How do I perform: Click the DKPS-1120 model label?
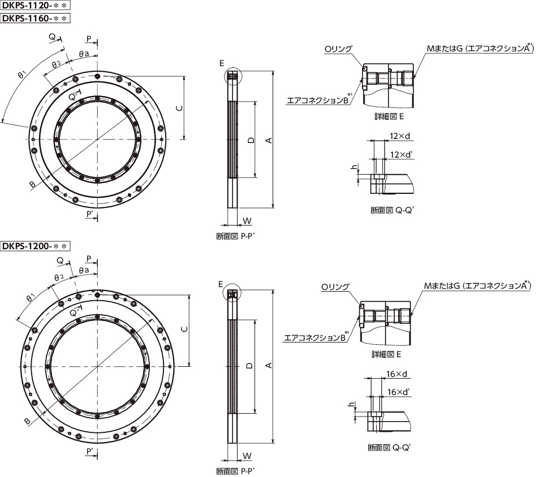[x=35, y=5]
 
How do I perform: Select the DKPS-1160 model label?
[x=35, y=18]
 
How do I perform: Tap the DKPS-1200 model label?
[x=35, y=246]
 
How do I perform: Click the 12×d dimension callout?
[x=400, y=136]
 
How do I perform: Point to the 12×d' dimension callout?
[x=401, y=154]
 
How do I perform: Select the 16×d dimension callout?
[x=396, y=374]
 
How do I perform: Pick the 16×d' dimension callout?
[x=398, y=392]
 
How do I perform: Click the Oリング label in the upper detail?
[x=338, y=49]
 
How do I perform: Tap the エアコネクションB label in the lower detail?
[x=314, y=338]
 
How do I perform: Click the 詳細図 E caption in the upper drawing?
[x=389, y=116]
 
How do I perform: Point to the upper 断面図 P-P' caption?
[x=235, y=236]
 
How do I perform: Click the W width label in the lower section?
[x=247, y=456]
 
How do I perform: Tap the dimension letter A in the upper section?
[x=269, y=140]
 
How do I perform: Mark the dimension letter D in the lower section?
[x=249, y=366]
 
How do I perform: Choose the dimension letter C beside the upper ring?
[x=179, y=108]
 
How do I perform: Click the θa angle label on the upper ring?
[x=84, y=54]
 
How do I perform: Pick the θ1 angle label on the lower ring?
[x=31, y=297]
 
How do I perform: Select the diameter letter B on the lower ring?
[x=28, y=421]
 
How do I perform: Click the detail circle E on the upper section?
[x=233, y=76]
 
